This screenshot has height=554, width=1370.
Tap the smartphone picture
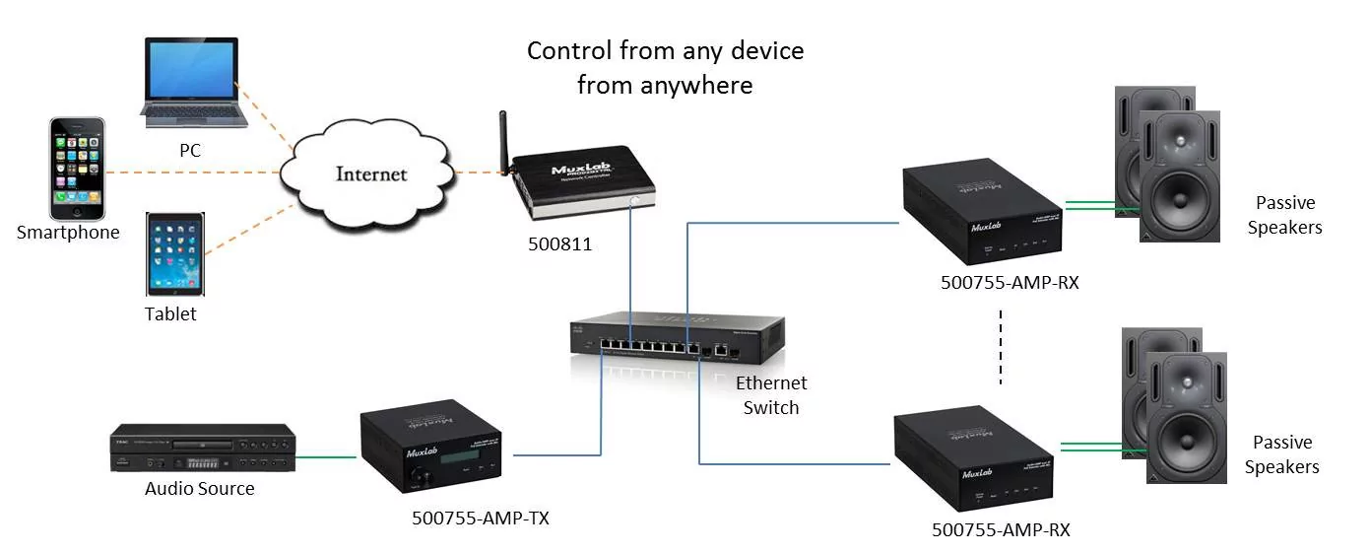click(x=77, y=169)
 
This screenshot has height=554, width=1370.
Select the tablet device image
click(x=176, y=253)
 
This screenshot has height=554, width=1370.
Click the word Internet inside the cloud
click(x=371, y=174)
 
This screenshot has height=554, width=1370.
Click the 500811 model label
click(x=558, y=243)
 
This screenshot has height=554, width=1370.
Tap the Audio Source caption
click(x=199, y=488)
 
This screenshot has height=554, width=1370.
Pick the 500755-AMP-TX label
click(x=480, y=518)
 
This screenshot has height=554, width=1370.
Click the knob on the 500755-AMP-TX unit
click(x=426, y=480)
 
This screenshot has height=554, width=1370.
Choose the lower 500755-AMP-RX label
click(x=1000, y=529)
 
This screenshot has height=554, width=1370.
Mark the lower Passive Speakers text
click(x=1281, y=454)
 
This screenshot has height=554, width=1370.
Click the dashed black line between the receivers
click(x=1001, y=351)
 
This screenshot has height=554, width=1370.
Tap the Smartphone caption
click(x=68, y=233)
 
